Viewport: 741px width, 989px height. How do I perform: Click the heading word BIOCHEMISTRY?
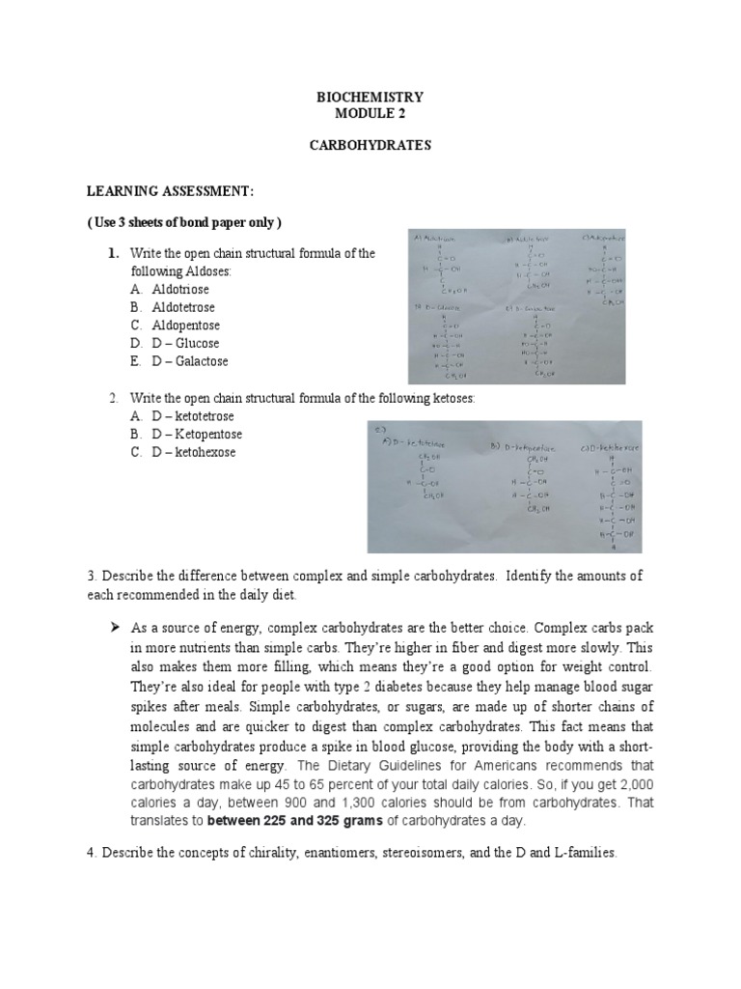(x=370, y=99)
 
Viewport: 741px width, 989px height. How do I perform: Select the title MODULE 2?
(x=370, y=114)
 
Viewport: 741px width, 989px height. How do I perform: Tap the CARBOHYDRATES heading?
(x=370, y=146)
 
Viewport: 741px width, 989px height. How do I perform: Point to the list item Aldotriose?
(x=180, y=289)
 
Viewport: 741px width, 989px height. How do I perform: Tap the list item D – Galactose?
(x=189, y=361)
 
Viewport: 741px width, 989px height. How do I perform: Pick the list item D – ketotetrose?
(x=194, y=416)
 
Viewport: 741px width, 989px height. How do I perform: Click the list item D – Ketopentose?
(x=196, y=435)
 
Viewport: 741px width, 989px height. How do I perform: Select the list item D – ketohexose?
(x=193, y=452)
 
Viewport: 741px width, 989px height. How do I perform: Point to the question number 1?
(x=113, y=253)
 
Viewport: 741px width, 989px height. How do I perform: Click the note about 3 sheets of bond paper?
(x=185, y=222)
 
